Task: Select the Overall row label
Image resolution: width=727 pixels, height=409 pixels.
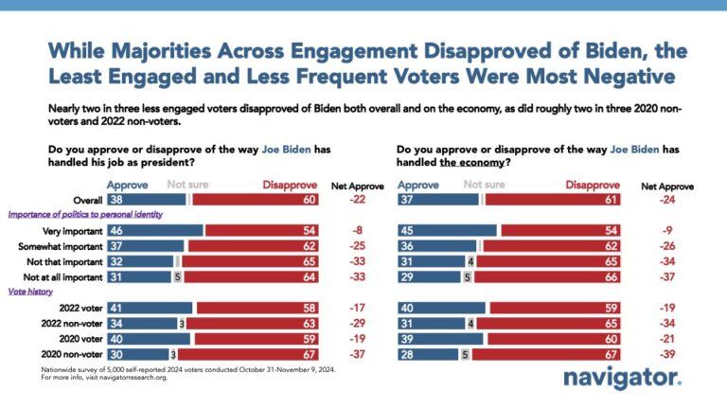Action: (85, 200)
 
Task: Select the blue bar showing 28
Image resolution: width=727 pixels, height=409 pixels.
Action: (427, 355)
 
